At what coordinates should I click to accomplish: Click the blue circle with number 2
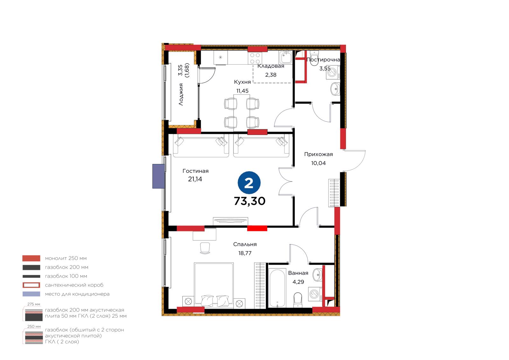tap(249, 183)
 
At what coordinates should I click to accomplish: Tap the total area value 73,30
tap(249, 201)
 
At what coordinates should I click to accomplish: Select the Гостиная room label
tap(195, 171)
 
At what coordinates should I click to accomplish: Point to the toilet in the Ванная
tap(298, 300)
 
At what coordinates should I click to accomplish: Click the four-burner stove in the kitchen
tap(255, 58)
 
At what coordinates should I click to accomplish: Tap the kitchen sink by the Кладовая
tap(285, 57)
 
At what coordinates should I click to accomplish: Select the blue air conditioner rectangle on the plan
tap(158, 176)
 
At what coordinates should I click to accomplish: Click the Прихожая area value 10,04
tap(318, 163)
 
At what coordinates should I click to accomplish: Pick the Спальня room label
tap(245, 244)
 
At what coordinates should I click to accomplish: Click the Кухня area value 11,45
tap(242, 91)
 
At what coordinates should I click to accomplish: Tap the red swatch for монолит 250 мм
tap(31, 258)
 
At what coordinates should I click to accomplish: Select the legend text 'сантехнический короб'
tap(74, 285)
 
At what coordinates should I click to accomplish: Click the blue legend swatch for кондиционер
tap(31, 294)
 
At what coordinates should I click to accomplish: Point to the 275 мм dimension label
tap(34, 304)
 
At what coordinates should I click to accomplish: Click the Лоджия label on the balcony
tap(181, 95)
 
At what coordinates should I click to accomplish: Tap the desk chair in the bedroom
tap(205, 248)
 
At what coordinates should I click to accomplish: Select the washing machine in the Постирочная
tap(333, 72)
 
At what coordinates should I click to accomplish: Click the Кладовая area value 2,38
tap(271, 75)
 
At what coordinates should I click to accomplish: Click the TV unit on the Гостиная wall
tap(230, 221)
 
